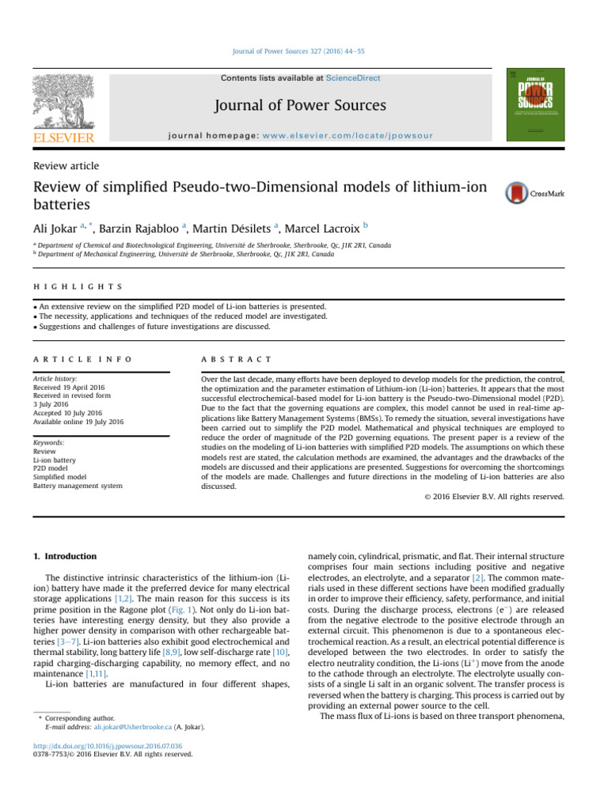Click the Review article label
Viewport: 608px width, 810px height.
click(x=66, y=165)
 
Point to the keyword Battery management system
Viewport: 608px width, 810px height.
click(x=78, y=486)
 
